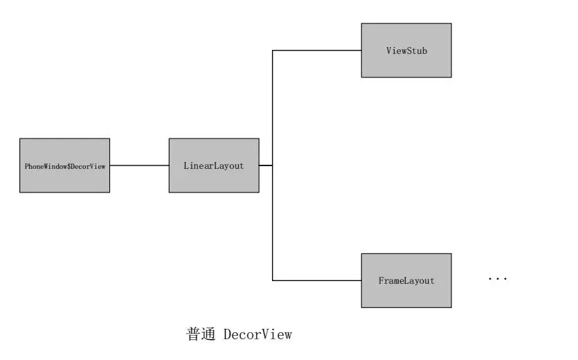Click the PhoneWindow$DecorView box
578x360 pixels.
point(64,165)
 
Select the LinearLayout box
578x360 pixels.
point(214,165)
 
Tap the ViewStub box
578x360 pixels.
point(406,51)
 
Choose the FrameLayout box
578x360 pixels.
point(406,280)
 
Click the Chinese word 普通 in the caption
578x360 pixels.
point(201,335)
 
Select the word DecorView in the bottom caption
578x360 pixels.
point(258,335)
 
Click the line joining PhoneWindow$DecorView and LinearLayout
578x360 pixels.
point(139,165)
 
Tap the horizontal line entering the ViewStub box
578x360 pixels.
point(316,51)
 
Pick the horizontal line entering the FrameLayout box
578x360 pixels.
point(316,280)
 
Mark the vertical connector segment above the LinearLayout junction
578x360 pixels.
point(272,107)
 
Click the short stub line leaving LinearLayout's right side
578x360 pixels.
point(266,165)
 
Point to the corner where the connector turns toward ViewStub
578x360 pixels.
point(272,51)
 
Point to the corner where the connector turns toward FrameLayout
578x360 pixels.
point(272,280)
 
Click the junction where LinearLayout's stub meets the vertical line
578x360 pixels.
point(272,165)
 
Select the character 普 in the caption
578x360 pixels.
point(194,335)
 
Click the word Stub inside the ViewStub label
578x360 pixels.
point(417,51)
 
